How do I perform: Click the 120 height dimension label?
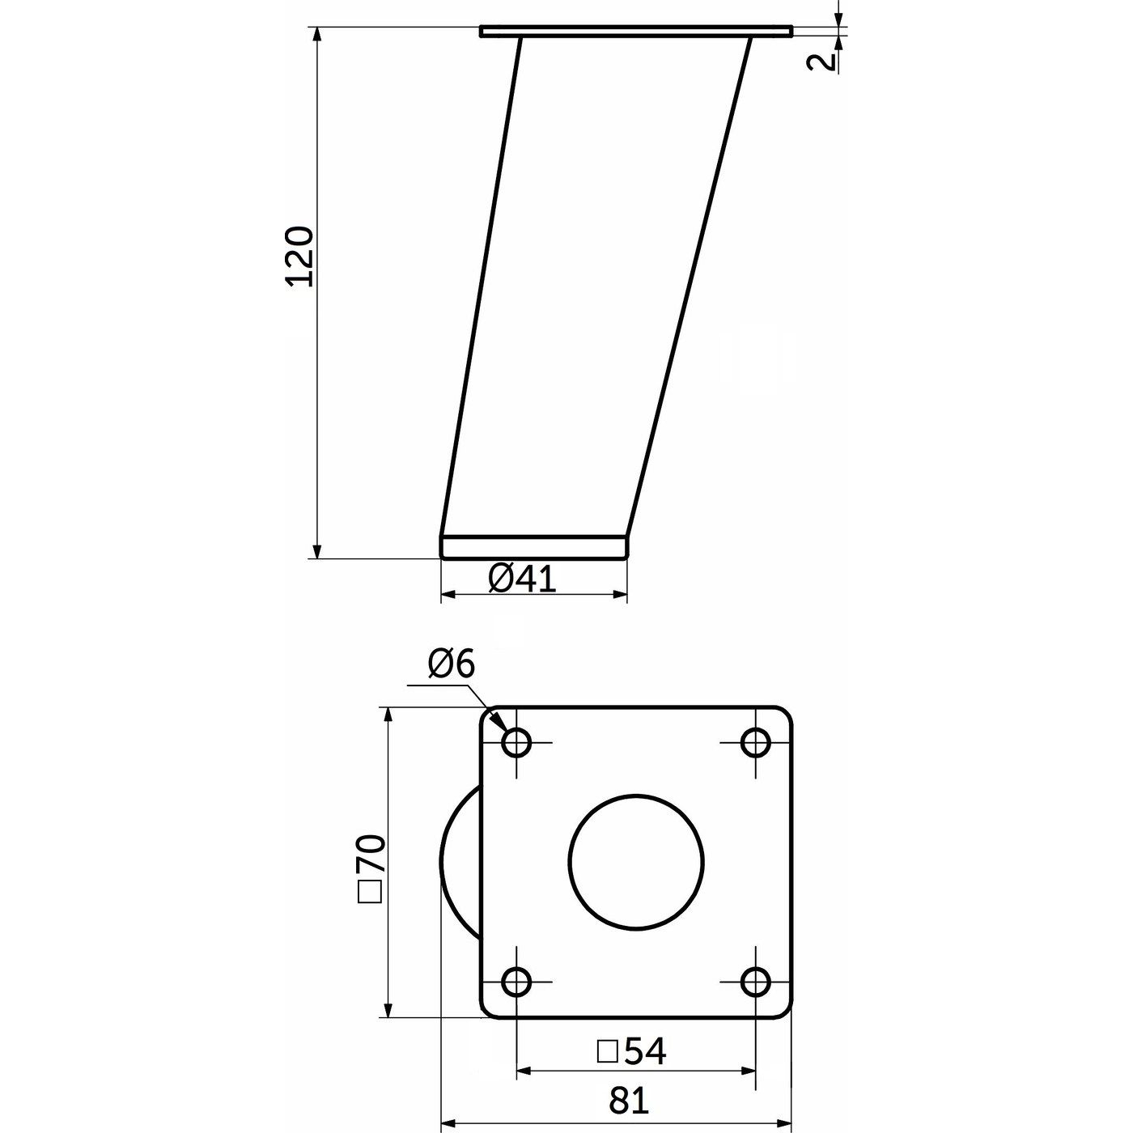[299, 256]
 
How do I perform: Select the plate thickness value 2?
[821, 62]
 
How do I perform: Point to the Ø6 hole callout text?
[452, 665]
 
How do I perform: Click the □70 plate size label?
[371, 868]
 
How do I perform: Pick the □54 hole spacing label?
[631, 1051]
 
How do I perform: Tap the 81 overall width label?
[629, 1101]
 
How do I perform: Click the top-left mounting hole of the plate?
[516, 742]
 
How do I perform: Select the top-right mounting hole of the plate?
[756, 742]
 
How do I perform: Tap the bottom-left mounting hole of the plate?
[516, 982]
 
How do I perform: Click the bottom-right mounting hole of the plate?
[756, 982]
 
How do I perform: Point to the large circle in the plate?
[636, 862]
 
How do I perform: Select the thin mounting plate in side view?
[636, 32]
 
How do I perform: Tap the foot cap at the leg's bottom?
[534, 547]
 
